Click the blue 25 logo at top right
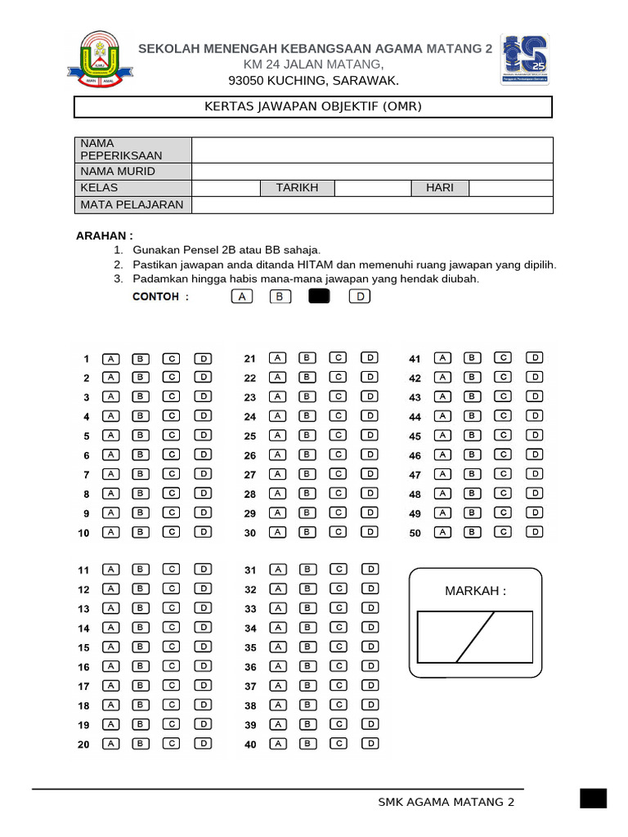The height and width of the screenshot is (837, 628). pos(524,59)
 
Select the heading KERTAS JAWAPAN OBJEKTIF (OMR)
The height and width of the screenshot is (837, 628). pos(313,107)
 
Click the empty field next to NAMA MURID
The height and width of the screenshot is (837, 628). pos(372,172)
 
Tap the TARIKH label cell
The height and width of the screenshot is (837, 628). pos(297,188)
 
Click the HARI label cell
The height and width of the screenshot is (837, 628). pos(439,188)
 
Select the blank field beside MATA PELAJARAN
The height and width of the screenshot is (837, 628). pos(372,205)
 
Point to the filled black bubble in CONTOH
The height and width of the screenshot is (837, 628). pos(319,297)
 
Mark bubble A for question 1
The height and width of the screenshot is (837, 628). pos(111,358)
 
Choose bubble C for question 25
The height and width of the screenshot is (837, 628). pos(338,435)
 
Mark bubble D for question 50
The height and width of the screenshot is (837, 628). pos(534,531)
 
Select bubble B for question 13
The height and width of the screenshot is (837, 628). pos(140,608)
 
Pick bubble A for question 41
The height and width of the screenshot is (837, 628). pos(442,357)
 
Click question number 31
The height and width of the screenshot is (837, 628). pos(250,571)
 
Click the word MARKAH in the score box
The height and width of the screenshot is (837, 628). pos(475,591)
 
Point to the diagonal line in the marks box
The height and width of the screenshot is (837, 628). pos(476,637)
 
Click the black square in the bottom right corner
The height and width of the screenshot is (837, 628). pos(593,799)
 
